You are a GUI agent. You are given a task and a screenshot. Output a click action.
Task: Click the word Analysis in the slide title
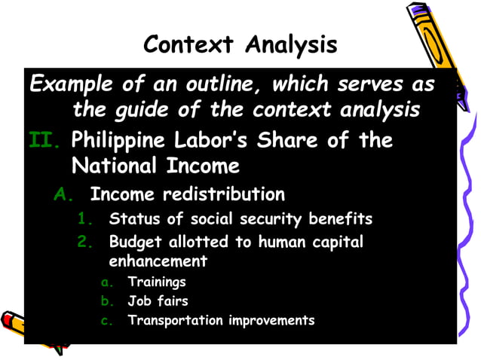(292, 44)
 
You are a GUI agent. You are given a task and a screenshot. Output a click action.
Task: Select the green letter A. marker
(63, 194)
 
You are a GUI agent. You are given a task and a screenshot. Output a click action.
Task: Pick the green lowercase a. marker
(106, 282)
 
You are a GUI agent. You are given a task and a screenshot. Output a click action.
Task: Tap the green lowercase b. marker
(106, 301)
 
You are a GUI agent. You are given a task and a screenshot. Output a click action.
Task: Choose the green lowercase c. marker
(106, 320)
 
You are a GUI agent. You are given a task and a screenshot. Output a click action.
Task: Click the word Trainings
(157, 282)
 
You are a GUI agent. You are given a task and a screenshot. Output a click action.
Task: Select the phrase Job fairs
(158, 301)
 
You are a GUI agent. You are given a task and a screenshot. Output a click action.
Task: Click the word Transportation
(172, 320)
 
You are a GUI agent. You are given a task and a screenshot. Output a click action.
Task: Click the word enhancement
(158, 261)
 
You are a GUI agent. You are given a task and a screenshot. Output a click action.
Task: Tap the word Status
(131, 220)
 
